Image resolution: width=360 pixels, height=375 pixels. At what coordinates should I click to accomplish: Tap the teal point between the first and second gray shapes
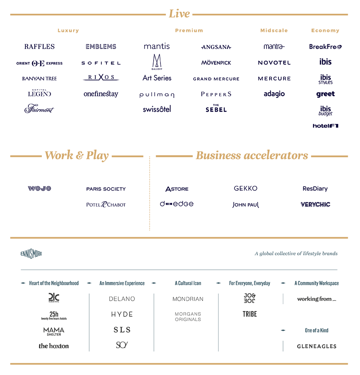click(x=89, y=350)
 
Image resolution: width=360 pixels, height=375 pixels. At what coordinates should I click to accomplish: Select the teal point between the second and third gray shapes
click(x=154, y=350)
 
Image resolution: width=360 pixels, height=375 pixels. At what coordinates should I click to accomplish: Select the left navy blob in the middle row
click(x=77, y=195)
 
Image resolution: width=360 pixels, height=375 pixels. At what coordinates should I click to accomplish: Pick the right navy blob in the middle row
click(x=249, y=195)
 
